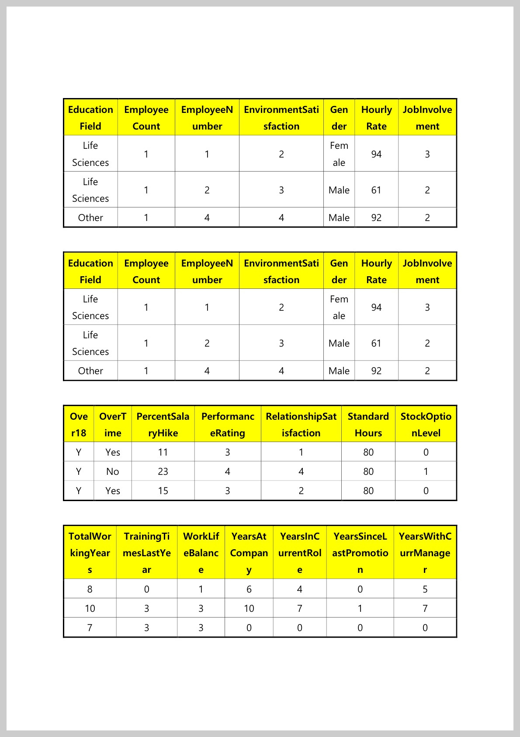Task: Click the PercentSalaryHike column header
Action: [163, 424]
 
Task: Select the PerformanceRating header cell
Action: [228, 424]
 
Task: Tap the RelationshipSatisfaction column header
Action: [301, 424]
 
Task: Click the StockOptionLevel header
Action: [426, 424]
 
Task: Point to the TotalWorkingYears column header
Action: [90, 553]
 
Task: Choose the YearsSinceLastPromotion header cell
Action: [360, 553]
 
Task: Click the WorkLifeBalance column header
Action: [201, 553]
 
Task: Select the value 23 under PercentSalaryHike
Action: [163, 471]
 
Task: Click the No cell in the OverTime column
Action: [113, 471]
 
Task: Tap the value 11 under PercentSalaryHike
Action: [163, 452]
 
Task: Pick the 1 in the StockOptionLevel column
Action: [426, 471]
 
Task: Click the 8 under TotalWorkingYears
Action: [90, 589]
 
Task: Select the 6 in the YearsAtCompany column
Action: [249, 589]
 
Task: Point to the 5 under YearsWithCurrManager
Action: [425, 589]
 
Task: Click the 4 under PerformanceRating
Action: [228, 471]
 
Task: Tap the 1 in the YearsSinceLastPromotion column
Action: [360, 608]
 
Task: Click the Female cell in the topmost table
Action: [339, 154]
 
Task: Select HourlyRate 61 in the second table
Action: [376, 343]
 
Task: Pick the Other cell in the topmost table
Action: [90, 218]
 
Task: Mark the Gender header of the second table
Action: [339, 271]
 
